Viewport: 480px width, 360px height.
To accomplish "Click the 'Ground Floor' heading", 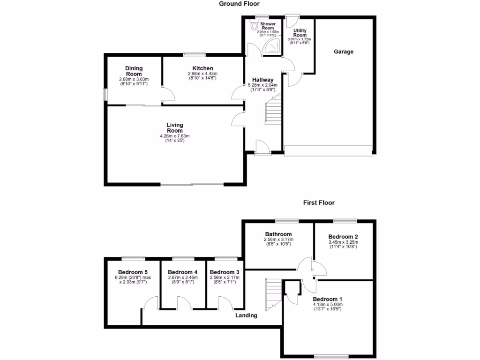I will [240, 4].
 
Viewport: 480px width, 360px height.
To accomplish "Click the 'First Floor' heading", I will [318, 203].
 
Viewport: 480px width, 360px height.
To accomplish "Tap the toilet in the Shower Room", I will [255, 27].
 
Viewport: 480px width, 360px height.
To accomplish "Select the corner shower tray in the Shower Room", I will [273, 46].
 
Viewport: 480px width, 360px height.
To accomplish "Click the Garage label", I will [343, 52].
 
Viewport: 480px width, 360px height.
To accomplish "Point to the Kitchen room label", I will [202, 68].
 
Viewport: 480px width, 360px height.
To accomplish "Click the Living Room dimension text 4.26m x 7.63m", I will [175, 136].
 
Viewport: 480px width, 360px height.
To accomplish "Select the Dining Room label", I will [134, 71].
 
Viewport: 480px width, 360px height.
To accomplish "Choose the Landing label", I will [247, 315].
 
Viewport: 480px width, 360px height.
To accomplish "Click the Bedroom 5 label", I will [133, 272].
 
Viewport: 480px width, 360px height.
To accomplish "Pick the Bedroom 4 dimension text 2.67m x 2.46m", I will [182, 277].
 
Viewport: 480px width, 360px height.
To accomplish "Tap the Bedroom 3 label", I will [224, 272].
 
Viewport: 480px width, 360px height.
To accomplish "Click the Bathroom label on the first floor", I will [278, 234].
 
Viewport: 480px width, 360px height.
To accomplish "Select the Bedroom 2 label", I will [343, 236].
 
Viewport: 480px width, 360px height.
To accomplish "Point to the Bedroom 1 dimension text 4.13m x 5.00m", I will [328, 305].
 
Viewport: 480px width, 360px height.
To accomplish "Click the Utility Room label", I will [300, 33].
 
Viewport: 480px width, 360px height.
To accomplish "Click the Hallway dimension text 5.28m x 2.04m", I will [262, 85].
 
